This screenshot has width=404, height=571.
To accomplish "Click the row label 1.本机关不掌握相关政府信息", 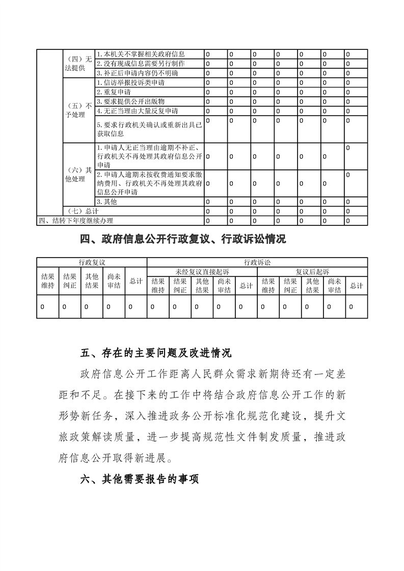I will pyautogui.click(x=141, y=54).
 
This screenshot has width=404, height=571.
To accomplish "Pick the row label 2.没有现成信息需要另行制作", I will pyautogui.click(x=141, y=64).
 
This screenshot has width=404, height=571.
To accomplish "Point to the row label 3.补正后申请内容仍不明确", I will pyautogui.click(x=141, y=73).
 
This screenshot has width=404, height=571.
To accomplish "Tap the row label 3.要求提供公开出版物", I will pyautogui.click(x=130, y=101).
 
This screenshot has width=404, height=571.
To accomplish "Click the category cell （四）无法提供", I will pyautogui.click(x=77, y=64).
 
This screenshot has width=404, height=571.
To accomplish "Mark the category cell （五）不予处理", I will pyautogui.click(x=77, y=110).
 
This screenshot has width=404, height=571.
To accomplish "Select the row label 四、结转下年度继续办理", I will pyautogui.click(x=75, y=220).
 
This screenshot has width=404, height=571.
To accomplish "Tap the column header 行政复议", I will pyautogui.click(x=92, y=262).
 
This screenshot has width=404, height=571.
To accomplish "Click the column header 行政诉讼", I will pyautogui.click(x=257, y=262).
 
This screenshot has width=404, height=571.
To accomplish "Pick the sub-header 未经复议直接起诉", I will pyautogui.click(x=202, y=272).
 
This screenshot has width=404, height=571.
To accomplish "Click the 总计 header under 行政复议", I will pyautogui.click(x=136, y=281).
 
